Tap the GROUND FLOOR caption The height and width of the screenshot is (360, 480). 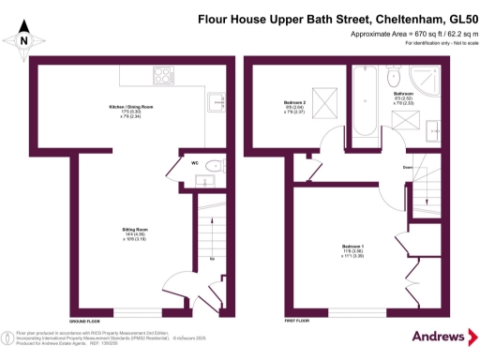[84, 320]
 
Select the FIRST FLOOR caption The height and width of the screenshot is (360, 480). [296, 320]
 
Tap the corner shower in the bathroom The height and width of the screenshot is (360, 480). [433, 82]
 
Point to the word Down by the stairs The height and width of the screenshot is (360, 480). [407, 168]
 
